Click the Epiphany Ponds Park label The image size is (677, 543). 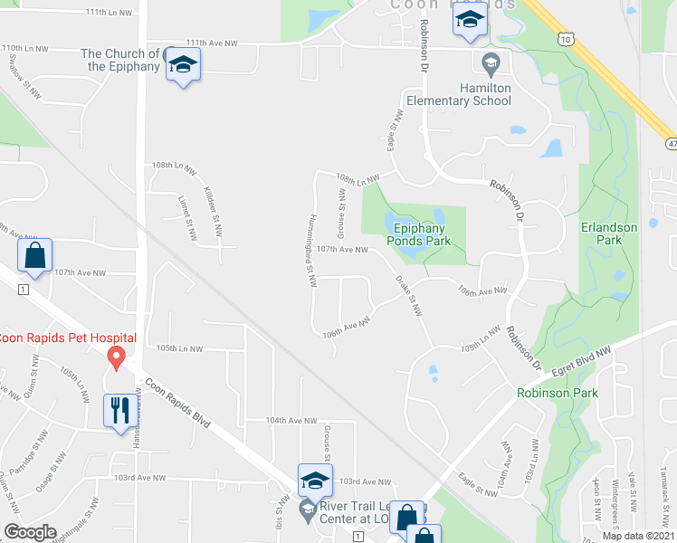coord(418,234)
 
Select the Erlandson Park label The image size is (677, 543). coord(610,233)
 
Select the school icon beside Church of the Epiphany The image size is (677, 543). coord(183,65)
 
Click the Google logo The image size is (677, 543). coord(30,532)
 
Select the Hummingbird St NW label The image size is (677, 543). coord(311,250)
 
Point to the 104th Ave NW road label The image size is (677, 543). coord(291,421)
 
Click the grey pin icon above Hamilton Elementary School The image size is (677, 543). coord(491,63)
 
